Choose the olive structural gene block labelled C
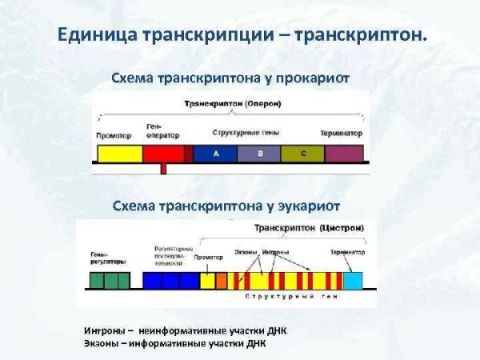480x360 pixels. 303,153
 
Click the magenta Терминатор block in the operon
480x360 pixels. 345,153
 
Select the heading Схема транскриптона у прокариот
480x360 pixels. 230,78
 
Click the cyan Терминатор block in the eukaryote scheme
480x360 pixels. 353,280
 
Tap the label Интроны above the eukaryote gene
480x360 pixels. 276,253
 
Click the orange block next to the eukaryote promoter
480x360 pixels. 222,280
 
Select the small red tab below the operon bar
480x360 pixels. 163,169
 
